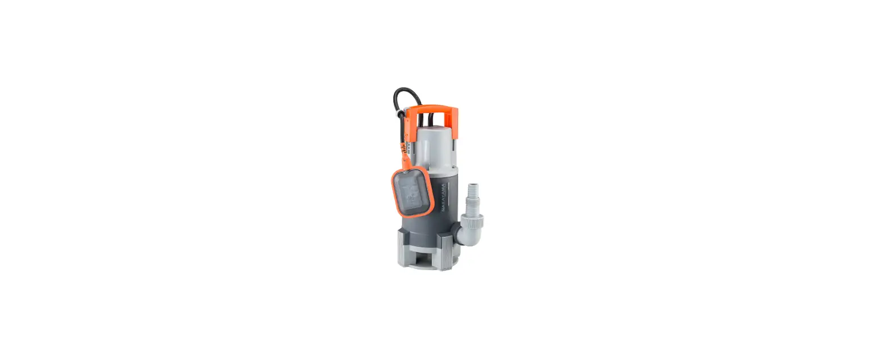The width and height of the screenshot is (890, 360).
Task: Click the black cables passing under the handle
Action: pyautogui.click(x=431, y=120)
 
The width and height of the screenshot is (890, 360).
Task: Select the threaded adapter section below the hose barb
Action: pyautogui.click(x=471, y=204)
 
